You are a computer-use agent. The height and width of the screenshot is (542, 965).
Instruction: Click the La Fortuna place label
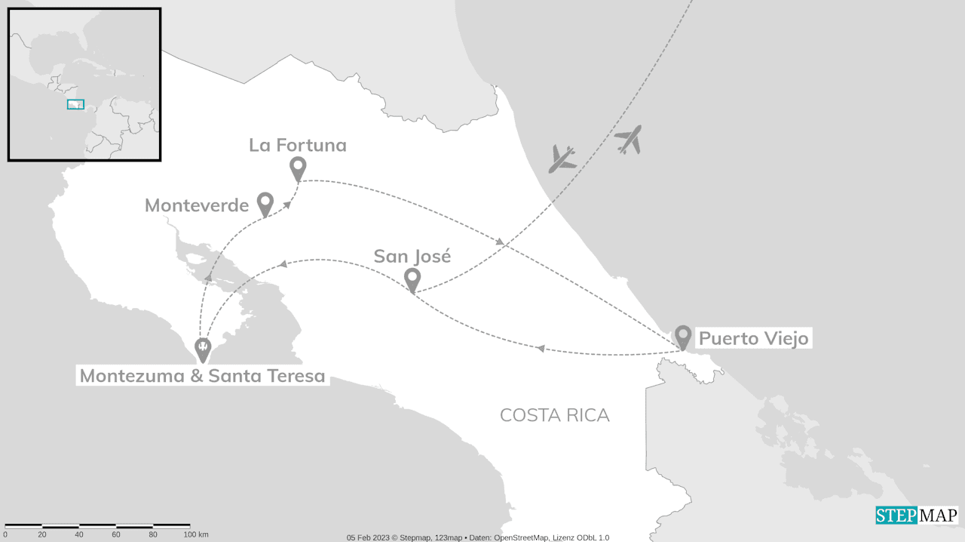click(x=298, y=145)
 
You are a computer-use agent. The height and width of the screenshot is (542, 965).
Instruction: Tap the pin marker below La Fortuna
click(x=298, y=168)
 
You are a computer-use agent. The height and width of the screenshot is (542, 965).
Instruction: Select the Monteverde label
click(x=197, y=205)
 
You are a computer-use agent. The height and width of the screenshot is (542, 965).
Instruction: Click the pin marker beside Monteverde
click(x=265, y=203)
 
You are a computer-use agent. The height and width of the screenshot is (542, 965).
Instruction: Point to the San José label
click(x=412, y=256)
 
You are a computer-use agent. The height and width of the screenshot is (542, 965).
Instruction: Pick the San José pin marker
click(x=412, y=279)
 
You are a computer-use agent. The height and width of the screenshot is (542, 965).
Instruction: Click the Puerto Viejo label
click(x=753, y=338)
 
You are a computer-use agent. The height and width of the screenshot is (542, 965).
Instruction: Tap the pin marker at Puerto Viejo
click(x=682, y=336)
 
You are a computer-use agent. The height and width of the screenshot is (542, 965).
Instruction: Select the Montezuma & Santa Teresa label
click(x=202, y=375)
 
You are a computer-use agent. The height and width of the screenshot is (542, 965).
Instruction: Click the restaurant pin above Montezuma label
click(x=203, y=349)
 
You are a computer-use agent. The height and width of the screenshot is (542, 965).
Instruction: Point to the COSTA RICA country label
click(x=554, y=415)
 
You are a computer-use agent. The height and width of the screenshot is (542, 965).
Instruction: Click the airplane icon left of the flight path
click(x=562, y=159)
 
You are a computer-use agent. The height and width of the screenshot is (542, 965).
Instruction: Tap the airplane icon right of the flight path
click(x=628, y=140)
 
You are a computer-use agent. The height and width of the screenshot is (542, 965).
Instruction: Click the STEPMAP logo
click(x=916, y=516)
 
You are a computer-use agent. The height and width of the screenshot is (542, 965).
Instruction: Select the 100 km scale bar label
click(x=195, y=534)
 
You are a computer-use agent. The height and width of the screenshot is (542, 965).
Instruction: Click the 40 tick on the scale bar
click(x=79, y=534)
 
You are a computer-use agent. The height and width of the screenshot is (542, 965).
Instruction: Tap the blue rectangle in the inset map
click(x=75, y=104)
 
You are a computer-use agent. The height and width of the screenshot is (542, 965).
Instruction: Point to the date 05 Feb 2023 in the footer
click(x=367, y=537)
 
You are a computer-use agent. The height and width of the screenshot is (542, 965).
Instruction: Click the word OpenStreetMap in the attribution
click(x=522, y=537)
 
